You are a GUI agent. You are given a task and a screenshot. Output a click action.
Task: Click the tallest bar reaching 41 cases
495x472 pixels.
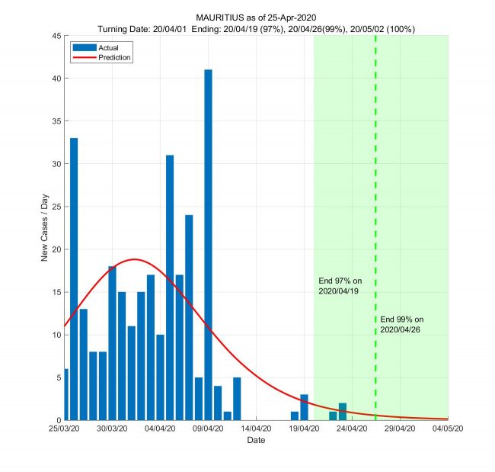click(208, 244)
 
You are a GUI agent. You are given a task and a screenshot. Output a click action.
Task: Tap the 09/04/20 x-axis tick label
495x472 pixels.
click(208, 429)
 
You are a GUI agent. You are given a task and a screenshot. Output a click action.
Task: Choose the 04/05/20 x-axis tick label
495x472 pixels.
click(448, 429)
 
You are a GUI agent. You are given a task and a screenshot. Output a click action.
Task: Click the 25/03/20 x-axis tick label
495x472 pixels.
click(65, 429)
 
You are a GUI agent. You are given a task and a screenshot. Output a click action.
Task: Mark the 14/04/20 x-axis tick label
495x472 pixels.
click(256, 429)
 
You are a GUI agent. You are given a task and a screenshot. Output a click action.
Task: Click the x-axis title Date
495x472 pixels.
click(256, 441)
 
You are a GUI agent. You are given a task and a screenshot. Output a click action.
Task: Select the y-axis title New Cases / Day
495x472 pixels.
click(45, 228)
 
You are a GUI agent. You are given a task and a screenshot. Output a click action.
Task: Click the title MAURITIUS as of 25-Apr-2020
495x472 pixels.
click(256, 18)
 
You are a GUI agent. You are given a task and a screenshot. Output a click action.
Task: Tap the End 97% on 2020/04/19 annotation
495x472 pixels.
click(340, 286)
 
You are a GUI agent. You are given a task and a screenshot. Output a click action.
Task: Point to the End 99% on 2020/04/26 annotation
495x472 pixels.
click(401, 324)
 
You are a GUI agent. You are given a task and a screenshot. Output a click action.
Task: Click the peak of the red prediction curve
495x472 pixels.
click(135, 259)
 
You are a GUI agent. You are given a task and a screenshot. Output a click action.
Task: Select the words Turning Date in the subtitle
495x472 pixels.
click(123, 28)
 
